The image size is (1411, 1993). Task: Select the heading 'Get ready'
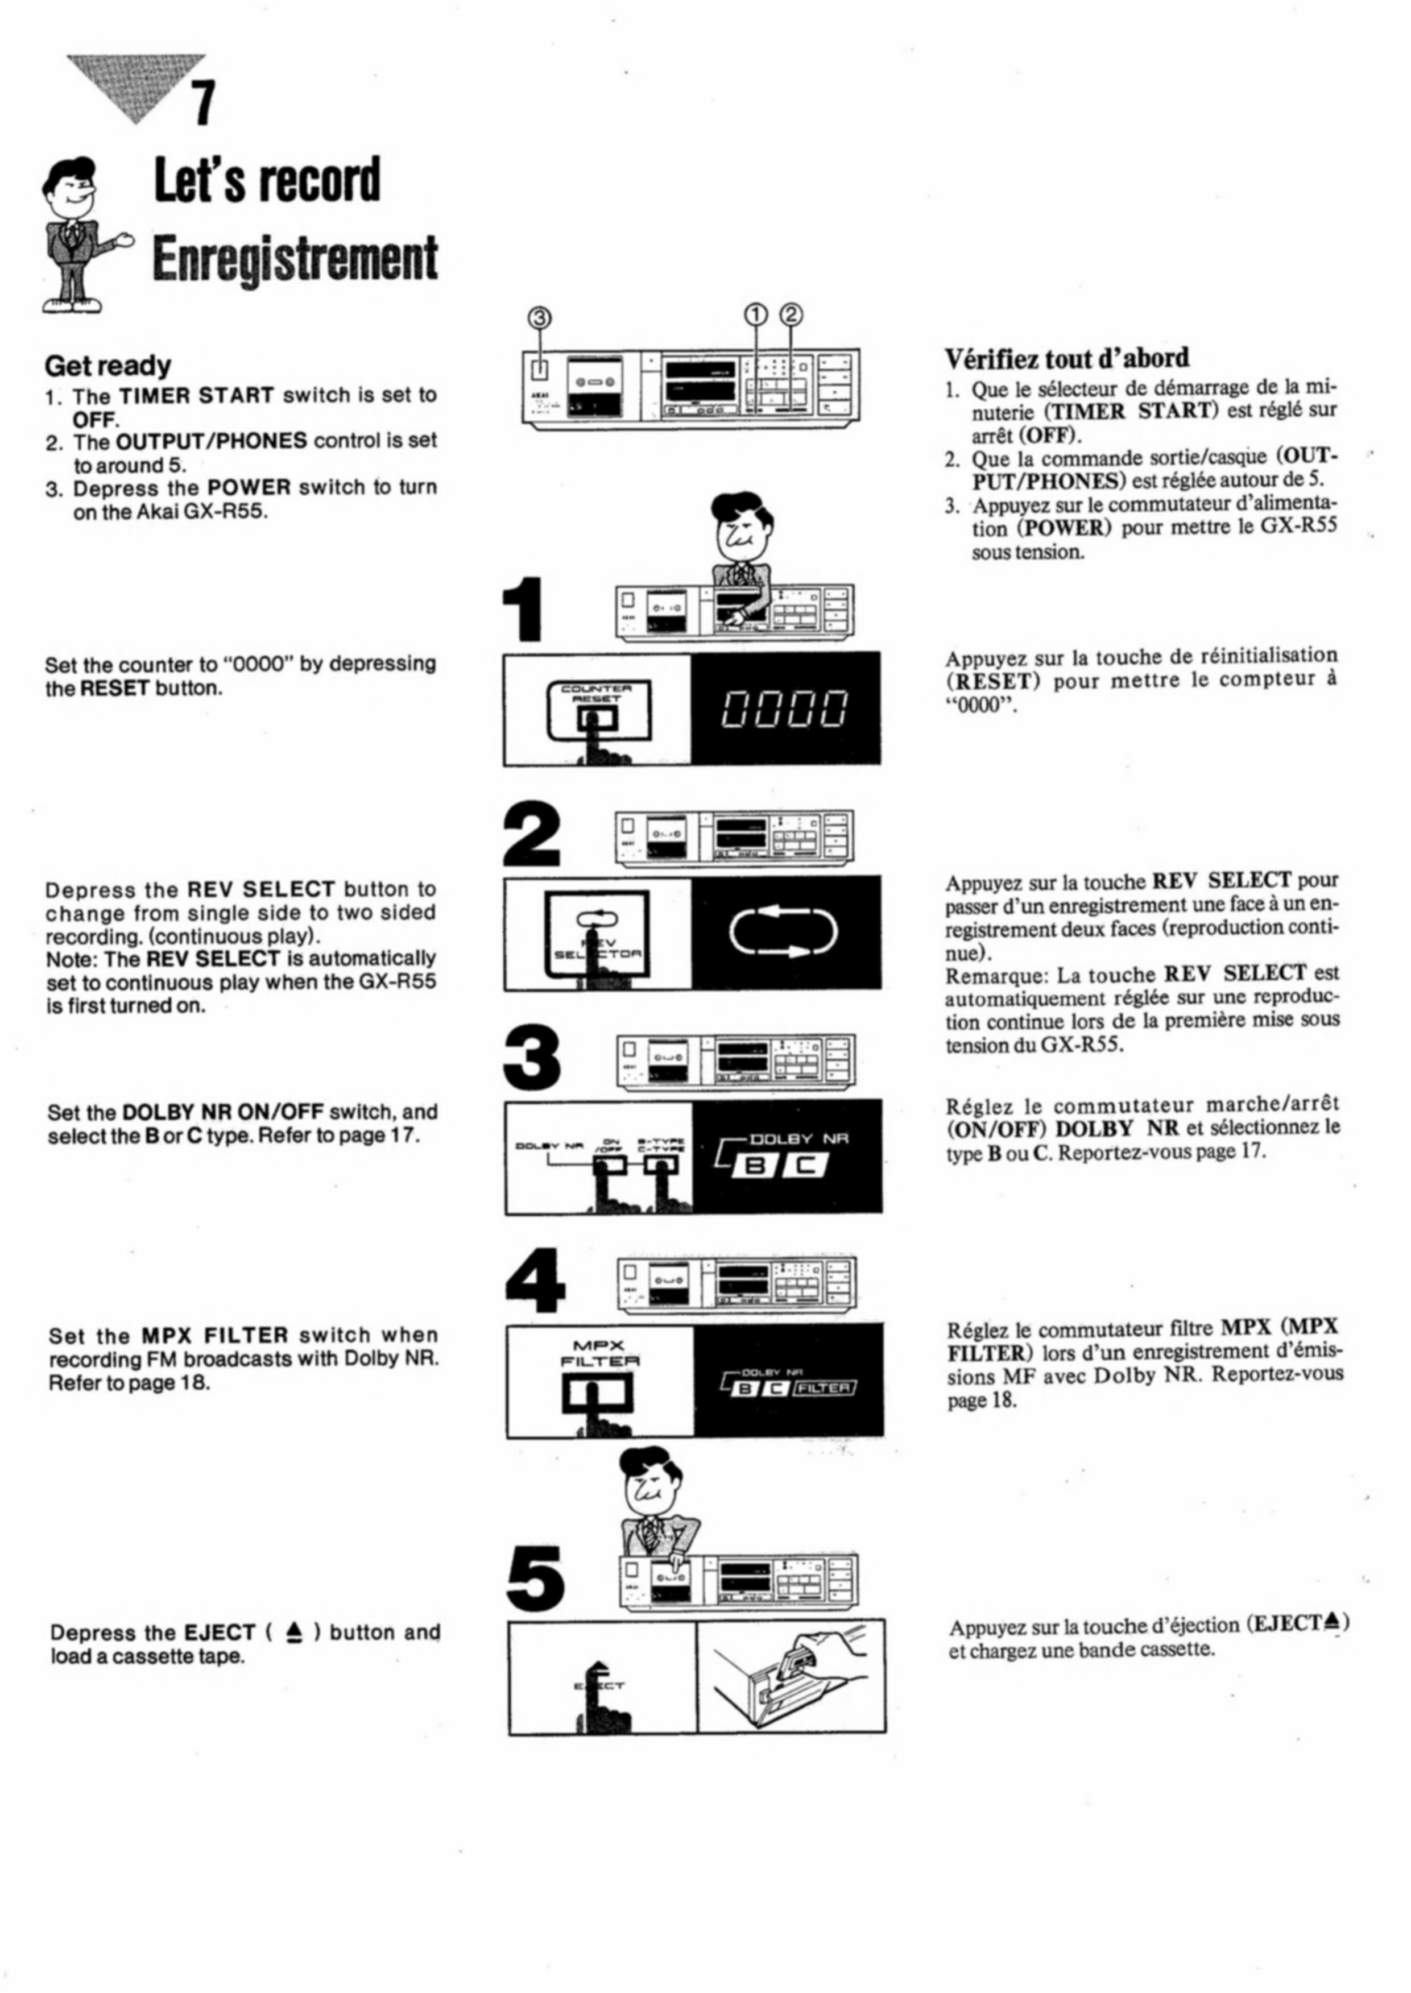tap(107, 366)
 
